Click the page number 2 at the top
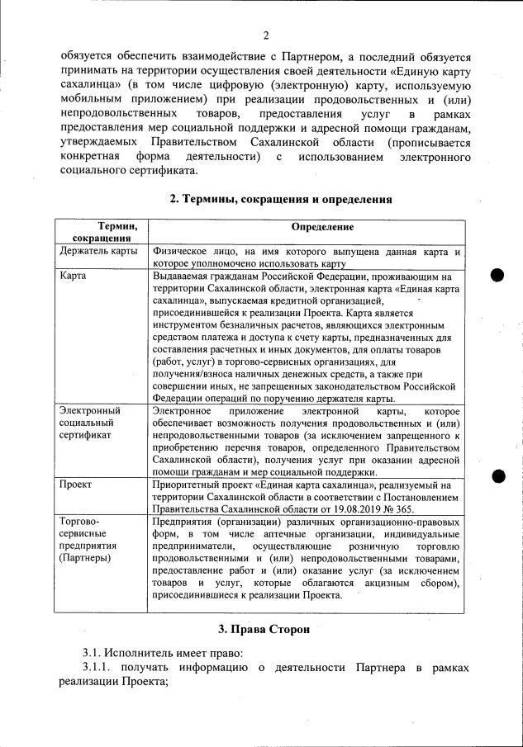[x=266, y=35]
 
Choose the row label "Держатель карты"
[x=99, y=251]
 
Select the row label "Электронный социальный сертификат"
[x=91, y=423]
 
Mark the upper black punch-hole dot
[x=498, y=276]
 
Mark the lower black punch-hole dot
[x=498, y=474]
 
